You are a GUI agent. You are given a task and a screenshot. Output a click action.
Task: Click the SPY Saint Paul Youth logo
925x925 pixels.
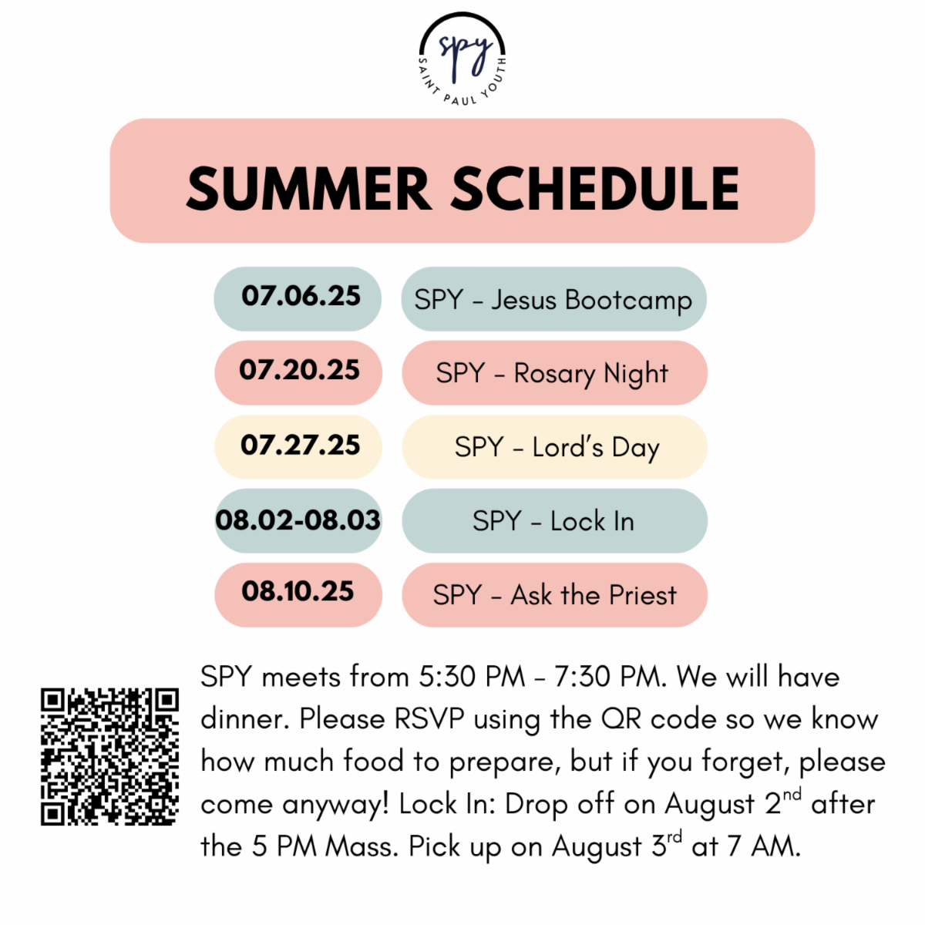pyautogui.click(x=462, y=59)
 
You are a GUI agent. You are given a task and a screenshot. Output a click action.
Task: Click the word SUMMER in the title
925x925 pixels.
pyautogui.click(x=309, y=189)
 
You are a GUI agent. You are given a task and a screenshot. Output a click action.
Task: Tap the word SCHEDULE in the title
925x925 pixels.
pyautogui.click(x=596, y=189)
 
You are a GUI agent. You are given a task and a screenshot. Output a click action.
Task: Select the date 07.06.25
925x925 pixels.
pyautogui.click(x=301, y=296)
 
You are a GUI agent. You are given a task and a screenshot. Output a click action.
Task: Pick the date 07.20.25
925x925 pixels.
pyautogui.click(x=300, y=370)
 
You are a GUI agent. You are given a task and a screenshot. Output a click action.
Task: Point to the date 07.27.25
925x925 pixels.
pyautogui.click(x=301, y=445)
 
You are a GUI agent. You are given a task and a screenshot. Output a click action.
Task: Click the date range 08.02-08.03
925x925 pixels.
pyautogui.click(x=298, y=520)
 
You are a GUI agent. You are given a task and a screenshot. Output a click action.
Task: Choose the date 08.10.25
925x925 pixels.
pyautogui.click(x=298, y=591)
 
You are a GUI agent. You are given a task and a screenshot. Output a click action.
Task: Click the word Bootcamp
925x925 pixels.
pyautogui.click(x=629, y=301)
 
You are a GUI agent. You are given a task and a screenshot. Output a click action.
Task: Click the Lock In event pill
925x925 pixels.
pyautogui.click(x=554, y=521)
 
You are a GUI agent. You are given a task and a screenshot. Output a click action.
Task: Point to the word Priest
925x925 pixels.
pyautogui.click(x=643, y=595)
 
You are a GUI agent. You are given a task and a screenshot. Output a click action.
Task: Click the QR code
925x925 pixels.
pyautogui.click(x=110, y=756)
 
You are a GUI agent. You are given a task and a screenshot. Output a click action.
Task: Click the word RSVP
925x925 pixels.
pyautogui.click(x=429, y=719)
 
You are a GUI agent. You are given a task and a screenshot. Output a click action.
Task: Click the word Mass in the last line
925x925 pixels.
pyautogui.click(x=362, y=847)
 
